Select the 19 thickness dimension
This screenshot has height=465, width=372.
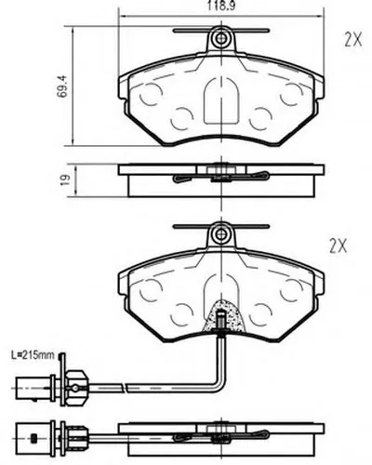tap(65, 179)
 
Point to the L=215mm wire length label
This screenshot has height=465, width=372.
tap(33, 355)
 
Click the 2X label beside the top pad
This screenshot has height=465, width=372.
tap(353, 40)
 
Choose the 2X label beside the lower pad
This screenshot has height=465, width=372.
tap(338, 246)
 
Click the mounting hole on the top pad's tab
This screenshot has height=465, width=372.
tap(221, 38)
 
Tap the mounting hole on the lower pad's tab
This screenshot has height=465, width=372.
tap(221, 233)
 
